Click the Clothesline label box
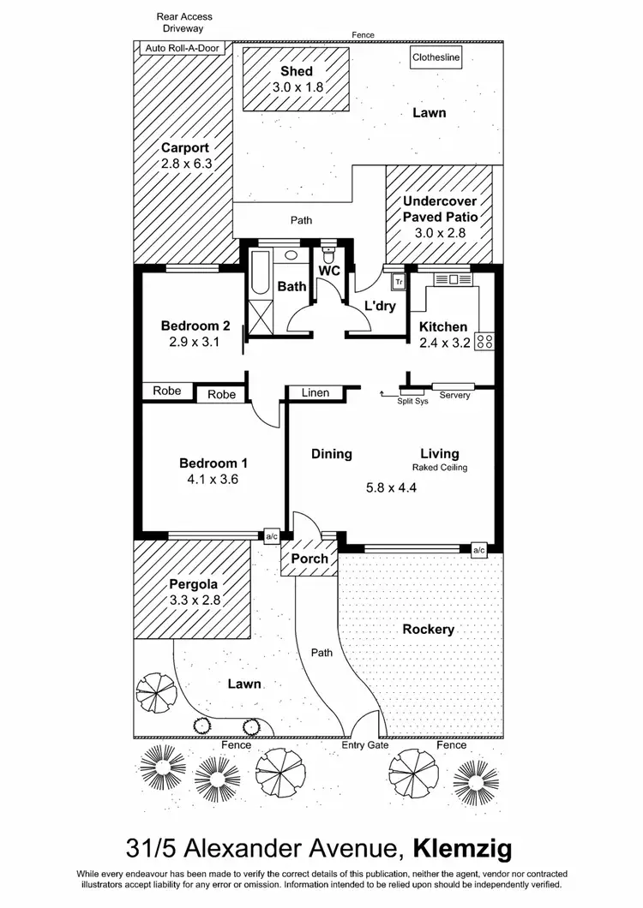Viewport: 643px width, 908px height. coord(436,58)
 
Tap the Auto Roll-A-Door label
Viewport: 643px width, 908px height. coord(182,48)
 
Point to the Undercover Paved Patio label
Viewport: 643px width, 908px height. coord(440,209)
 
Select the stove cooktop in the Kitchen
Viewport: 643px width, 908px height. coord(484,340)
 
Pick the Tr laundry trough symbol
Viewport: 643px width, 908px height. coord(398,280)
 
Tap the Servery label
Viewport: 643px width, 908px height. coord(454,395)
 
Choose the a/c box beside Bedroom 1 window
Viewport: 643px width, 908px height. coord(272,536)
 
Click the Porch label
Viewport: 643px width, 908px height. coord(309,559)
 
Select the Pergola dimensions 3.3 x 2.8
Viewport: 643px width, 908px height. coord(195,600)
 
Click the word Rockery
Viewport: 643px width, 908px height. coord(428,629)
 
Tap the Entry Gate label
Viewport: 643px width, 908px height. coord(364,745)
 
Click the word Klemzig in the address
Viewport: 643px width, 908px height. coord(463,850)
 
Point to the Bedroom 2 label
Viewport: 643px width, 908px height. coord(195,326)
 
